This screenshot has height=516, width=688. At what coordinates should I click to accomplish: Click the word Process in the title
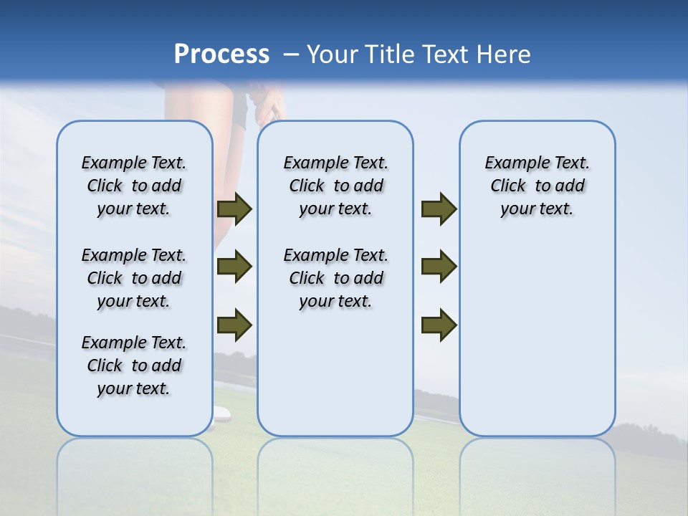[x=221, y=54]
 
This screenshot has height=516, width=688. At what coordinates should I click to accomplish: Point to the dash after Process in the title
[x=291, y=55]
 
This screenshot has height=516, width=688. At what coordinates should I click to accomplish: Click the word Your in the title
[x=333, y=54]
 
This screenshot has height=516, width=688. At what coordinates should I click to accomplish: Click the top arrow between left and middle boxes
[x=234, y=209]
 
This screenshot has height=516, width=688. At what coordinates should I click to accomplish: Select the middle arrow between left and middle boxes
[x=234, y=267]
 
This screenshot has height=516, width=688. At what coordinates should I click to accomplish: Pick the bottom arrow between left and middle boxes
[x=234, y=325]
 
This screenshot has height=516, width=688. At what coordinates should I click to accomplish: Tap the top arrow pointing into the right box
[x=439, y=209]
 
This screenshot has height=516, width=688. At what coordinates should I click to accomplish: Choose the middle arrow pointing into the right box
[x=439, y=267]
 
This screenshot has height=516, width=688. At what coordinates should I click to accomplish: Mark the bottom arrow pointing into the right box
[x=439, y=325]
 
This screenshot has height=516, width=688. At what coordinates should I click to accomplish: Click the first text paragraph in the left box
[x=134, y=186]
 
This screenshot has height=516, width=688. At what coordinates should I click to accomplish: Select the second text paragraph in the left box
[x=134, y=278]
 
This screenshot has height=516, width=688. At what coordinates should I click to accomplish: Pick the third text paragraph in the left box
[x=134, y=365]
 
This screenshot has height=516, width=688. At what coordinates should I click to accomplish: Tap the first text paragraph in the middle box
[x=335, y=186]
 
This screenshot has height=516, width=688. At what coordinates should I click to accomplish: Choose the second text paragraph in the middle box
[x=335, y=278]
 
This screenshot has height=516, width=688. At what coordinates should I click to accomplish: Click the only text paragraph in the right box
[x=537, y=186]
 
